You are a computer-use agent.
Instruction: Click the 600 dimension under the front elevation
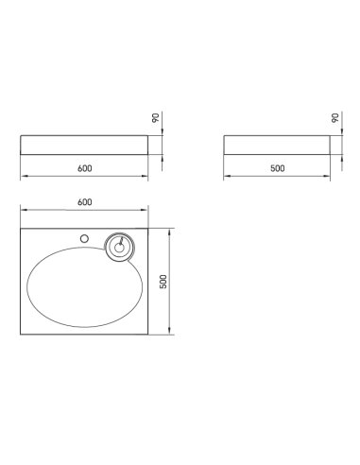(x=85, y=168)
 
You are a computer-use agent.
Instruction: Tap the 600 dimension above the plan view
(x=85, y=202)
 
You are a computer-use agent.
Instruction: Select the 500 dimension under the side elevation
(x=278, y=168)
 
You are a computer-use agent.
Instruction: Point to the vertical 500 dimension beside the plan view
(x=163, y=282)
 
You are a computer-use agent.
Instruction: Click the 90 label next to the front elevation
(x=156, y=118)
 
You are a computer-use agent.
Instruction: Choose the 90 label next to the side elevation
(x=335, y=118)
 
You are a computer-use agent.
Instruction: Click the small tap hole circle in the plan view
(x=84, y=239)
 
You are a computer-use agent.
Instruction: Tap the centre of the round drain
(x=119, y=248)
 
